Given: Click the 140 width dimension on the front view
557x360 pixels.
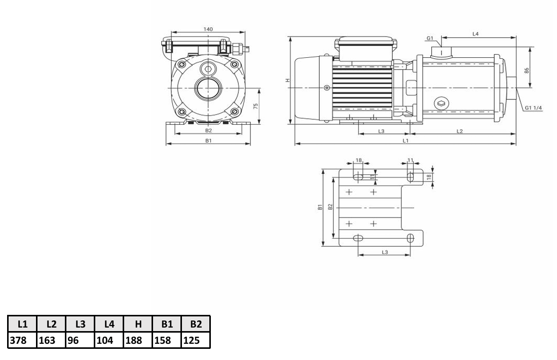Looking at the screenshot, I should pos(208,29).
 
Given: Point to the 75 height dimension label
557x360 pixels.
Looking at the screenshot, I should pos(256,106).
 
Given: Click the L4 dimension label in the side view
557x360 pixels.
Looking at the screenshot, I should pos(475,34).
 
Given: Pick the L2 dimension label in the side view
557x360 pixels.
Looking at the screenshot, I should pos(460,131).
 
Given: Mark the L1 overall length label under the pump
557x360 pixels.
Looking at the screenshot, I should pos(405,140).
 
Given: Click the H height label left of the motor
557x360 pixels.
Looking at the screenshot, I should pos(287,81).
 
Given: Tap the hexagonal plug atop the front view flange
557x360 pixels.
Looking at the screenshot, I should pos(208,68).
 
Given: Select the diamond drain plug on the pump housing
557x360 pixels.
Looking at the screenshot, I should pos(441,103).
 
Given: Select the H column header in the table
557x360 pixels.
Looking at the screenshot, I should pos(137,323).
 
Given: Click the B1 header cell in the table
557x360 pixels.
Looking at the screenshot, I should pos(167,323).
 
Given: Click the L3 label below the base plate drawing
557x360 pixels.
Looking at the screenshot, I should pos(384,252).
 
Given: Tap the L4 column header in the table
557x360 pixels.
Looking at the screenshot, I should pos(108,323).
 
